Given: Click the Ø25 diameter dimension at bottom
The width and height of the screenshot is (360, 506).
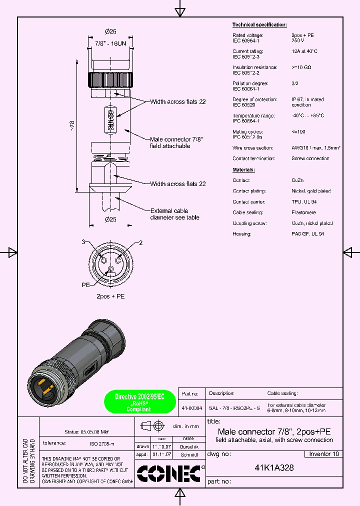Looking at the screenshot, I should point(110,219).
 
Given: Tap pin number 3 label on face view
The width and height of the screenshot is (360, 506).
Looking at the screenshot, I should point(83,242).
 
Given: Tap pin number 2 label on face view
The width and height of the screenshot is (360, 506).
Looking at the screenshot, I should point(140,243).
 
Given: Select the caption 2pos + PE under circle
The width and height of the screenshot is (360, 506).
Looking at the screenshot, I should point(110,296).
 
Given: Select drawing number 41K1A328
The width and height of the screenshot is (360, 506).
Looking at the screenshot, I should point(274,468).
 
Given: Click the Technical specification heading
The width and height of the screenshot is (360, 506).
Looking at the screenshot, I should point(259,24).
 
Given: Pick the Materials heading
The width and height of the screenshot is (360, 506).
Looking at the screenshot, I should point(243,170).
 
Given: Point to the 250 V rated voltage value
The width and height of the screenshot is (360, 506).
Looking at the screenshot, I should point(298,40).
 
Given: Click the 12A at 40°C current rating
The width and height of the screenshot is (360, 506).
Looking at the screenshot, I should point(304,51).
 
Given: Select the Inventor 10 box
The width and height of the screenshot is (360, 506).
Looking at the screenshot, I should point(323,454).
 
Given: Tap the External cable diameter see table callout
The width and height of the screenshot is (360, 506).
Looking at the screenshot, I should point(175,214).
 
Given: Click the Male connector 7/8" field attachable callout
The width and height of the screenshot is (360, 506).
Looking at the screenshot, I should point(176,142).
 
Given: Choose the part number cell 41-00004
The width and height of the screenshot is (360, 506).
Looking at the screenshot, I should point(192,408).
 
